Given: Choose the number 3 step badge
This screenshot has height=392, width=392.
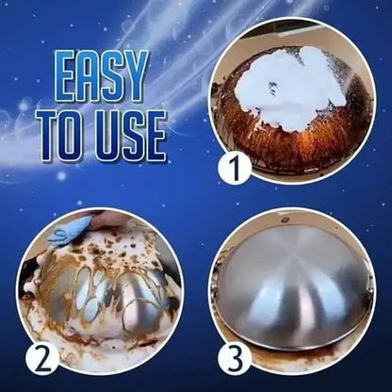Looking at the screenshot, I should click(235, 358).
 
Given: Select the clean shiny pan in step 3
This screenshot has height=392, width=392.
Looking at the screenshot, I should click(299, 283).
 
